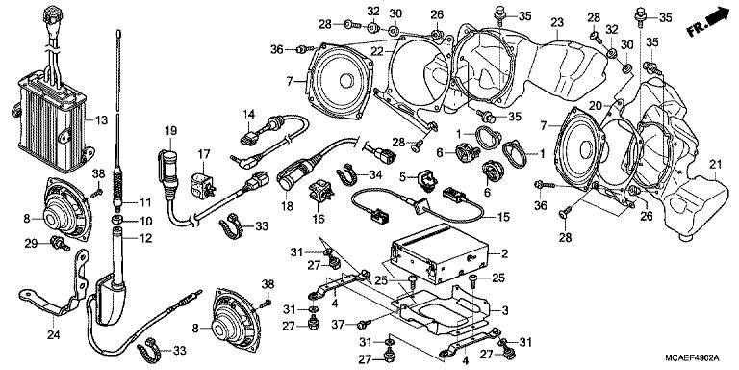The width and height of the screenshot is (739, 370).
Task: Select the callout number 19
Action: pos(170,131)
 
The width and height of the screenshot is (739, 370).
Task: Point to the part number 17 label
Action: pos(203,154)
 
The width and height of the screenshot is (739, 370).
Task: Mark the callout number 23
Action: pos(557,22)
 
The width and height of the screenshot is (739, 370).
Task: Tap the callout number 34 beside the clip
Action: pos(376,173)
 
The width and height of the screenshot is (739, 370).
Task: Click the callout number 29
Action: pos(31,242)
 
